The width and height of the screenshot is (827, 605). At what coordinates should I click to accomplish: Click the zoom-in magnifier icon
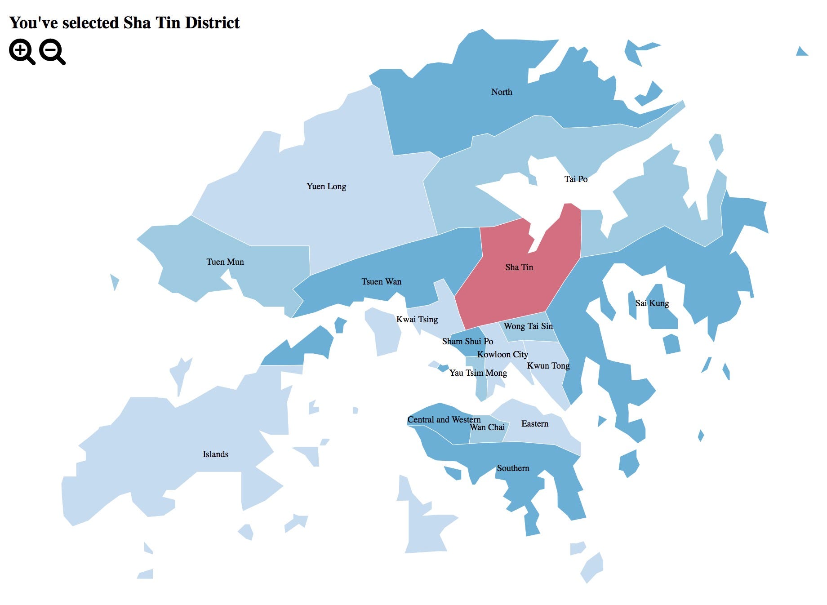(x=21, y=51)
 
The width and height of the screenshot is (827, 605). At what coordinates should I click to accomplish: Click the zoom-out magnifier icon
(x=52, y=51)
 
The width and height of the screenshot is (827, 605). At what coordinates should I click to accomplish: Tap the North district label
(x=502, y=92)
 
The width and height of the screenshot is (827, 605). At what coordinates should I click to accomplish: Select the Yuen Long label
(x=326, y=187)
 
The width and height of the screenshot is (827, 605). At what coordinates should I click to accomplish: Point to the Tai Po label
(x=576, y=179)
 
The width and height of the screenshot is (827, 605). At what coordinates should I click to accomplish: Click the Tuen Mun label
(x=225, y=262)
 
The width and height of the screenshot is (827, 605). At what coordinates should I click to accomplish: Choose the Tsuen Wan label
(x=382, y=282)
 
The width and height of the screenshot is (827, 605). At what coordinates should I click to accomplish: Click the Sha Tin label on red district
(x=519, y=267)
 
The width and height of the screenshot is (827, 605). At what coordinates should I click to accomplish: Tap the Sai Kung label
(x=652, y=303)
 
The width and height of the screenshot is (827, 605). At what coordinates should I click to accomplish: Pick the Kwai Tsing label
(x=417, y=320)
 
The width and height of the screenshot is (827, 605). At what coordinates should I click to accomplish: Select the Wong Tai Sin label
(x=528, y=326)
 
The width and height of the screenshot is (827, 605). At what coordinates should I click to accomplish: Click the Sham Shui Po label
(x=467, y=342)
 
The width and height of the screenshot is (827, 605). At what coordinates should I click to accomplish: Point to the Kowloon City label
(x=502, y=355)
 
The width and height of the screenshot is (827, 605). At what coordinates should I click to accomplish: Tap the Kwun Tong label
(x=548, y=366)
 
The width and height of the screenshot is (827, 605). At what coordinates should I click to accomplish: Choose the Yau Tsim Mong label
(x=478, y=373)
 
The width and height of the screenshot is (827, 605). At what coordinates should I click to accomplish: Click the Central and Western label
(x=444, y=420)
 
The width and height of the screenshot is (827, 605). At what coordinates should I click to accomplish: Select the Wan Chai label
(x=487, y=427)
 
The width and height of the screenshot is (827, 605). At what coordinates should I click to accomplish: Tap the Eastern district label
(x=535, y=424)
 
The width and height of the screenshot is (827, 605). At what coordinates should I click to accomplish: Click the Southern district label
(x=513, y=468)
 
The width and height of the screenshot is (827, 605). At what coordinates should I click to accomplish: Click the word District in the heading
(x=212, y=23)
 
